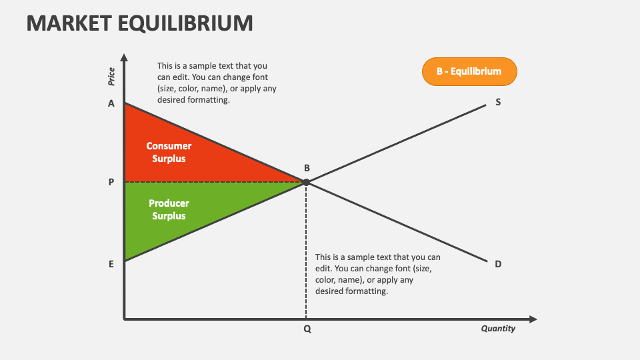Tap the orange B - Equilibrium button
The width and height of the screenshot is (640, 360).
[x=469, y=71]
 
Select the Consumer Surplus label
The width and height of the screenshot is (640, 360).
[x=169, y=152]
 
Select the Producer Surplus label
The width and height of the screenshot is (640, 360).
[x=169, y=209]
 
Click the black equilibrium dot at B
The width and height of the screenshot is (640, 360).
[x=306, y=182]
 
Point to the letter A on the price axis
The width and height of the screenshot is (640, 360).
[x=111, y=103]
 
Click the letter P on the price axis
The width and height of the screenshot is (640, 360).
[x=111, y=182]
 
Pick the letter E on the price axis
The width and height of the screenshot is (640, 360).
[x=111, y=264]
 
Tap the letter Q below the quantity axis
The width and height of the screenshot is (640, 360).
[x=307, y=329]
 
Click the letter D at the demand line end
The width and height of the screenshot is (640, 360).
[x=498, y=264]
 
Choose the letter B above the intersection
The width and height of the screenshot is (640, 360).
[x=307, y=169]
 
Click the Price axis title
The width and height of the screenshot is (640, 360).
[x=111, y=77]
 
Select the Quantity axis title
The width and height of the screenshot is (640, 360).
[x=498, y=329]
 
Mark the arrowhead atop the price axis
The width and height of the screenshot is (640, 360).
[x=125, y=58]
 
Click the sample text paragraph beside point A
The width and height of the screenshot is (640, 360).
[x=212, y=83]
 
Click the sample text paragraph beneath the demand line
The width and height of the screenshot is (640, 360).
[x=377, y=274]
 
